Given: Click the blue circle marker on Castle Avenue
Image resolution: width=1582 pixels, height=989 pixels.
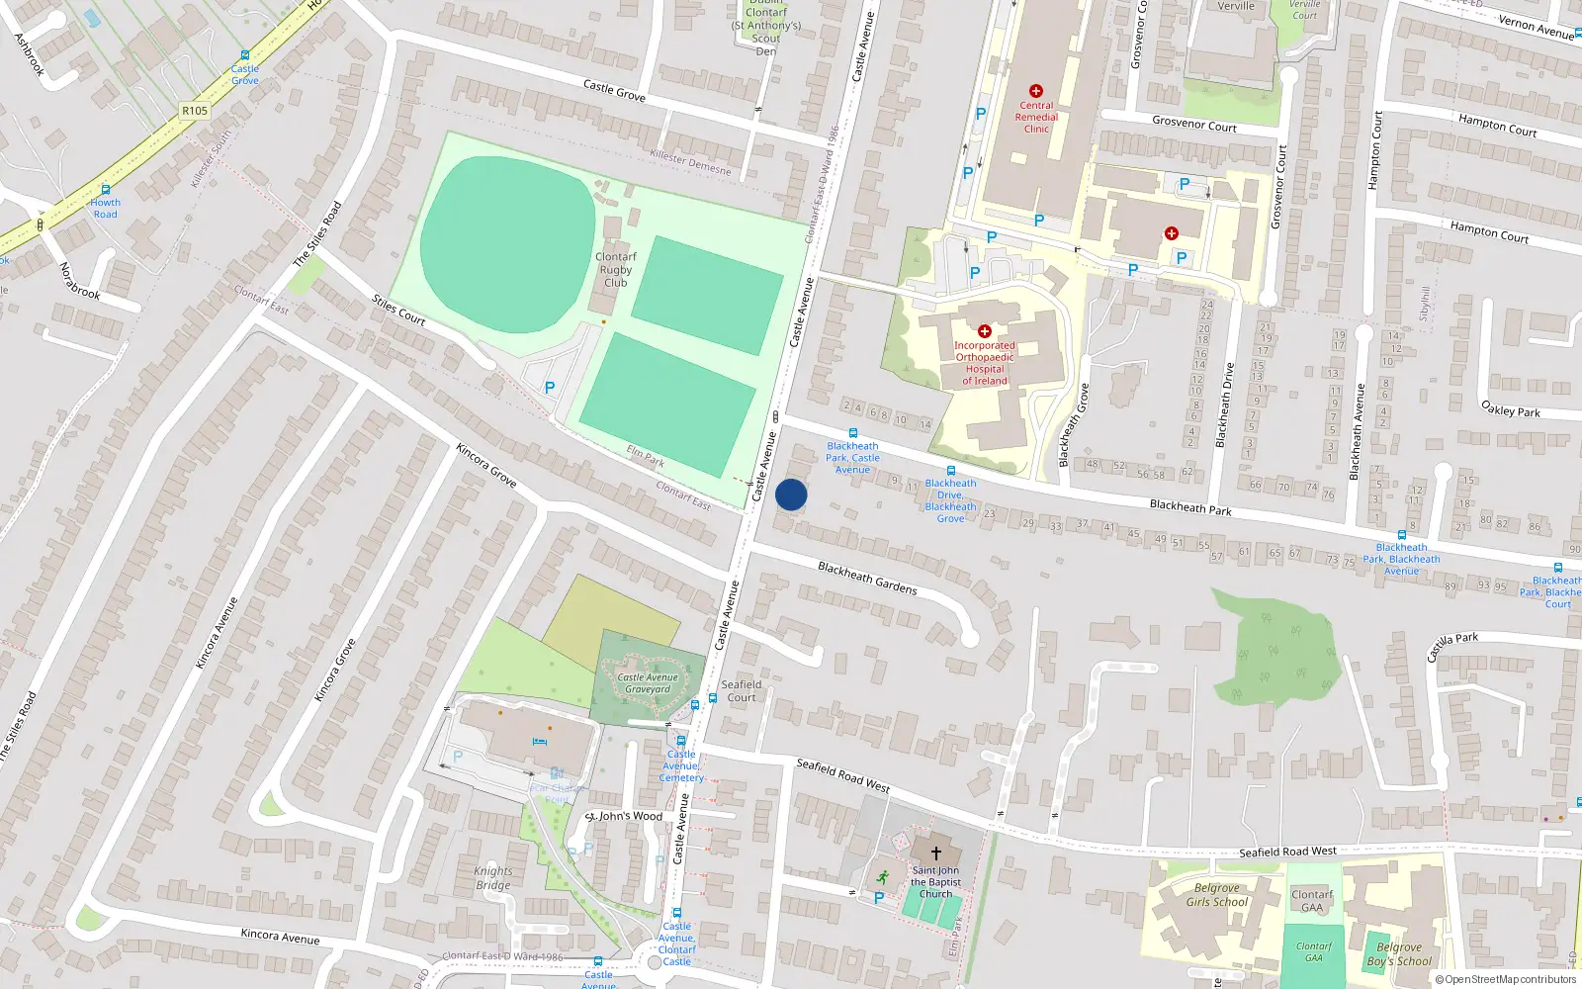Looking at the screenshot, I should click(x=791, y=494).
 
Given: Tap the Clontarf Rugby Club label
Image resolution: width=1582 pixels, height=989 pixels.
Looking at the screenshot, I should click(x=615, y=269).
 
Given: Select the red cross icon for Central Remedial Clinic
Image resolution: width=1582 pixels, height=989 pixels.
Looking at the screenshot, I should click(x=1036, y=91).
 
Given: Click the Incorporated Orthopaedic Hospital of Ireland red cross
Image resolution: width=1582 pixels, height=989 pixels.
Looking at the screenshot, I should click(x=984, y=331).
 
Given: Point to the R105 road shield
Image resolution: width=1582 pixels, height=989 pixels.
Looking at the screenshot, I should click(x=195, y=111).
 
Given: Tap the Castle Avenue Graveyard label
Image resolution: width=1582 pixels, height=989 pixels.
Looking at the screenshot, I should click(x=648, y=683).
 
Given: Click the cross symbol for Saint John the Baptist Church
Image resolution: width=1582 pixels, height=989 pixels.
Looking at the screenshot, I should click(x=935, y=853).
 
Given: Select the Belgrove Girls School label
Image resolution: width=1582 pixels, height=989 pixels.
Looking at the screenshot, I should click(x=1216, y=895).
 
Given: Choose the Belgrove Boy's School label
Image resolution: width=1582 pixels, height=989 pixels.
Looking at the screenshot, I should click(x=1399, y=954).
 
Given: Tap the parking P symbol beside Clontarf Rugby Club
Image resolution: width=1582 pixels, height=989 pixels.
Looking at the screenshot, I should click(x=550, y=388).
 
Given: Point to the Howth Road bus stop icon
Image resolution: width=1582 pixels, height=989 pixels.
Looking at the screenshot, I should click(x=105, y=190).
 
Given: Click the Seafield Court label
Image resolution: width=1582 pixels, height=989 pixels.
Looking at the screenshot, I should click(x=742, y=690).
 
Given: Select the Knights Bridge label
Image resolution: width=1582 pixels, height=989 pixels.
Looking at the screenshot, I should click(x=493, y=878).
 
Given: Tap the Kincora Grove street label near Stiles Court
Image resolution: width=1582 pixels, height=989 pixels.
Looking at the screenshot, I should click(x=486, y=464).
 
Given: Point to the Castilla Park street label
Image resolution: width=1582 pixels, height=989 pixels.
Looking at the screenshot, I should click(x=1452, y=647).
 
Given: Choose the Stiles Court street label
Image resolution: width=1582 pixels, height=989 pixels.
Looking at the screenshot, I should click(x=398, y=310).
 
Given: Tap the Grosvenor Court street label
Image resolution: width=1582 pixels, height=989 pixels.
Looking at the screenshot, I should click(x=1194, y=125).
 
